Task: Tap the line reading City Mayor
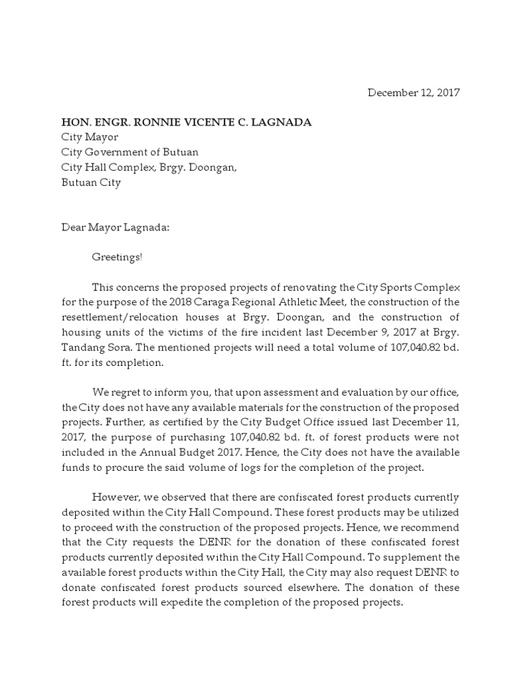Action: pyautogui.click(x=90, y=137)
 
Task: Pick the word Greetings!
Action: pyautogui.click(x=117, y=257)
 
